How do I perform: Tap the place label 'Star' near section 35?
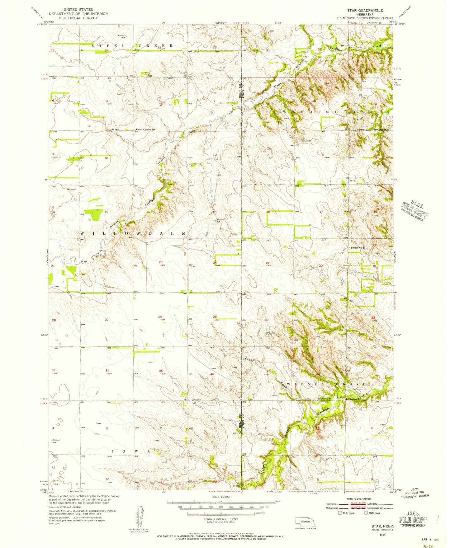[149, 75]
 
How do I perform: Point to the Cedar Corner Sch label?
[145, 129]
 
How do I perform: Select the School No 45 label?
[357, 248]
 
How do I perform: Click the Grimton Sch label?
[354, 399]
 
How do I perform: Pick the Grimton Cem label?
[324, 399]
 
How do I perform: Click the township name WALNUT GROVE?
[326, 384]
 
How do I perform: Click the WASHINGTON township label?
[323, 111]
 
